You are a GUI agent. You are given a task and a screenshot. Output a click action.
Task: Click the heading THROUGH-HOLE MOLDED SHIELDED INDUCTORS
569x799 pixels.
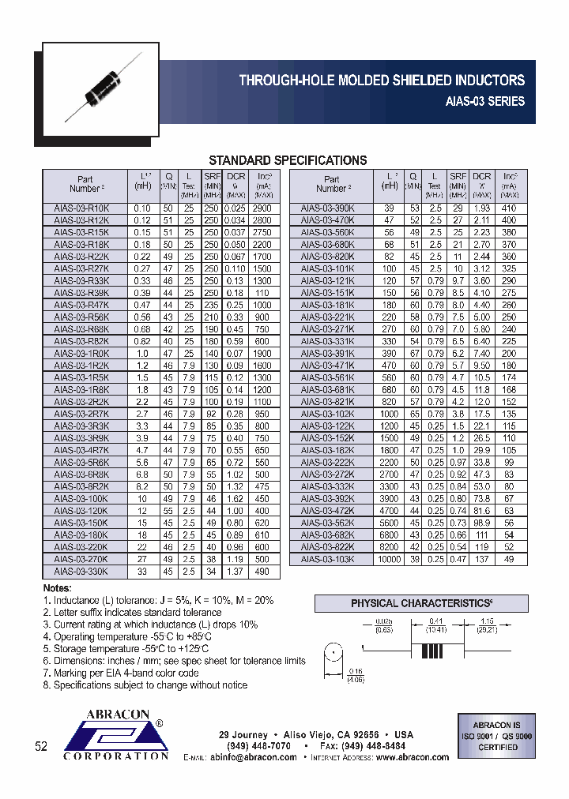click(x=382, y=81)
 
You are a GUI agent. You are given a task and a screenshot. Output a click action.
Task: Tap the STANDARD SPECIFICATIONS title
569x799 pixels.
click(x=288, y=160)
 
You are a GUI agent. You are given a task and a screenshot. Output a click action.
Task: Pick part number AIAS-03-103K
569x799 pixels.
click(x=327, y=558)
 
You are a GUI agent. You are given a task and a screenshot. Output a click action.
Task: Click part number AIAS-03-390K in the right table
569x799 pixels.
click(x=327, y=208)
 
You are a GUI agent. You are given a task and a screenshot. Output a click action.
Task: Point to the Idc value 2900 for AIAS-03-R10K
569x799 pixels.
click(x=263, y=208)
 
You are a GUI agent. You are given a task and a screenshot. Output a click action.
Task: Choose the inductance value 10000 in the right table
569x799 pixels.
click(x=390, y=558)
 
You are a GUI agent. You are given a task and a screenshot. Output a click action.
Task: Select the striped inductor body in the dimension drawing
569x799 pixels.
click(x=430, y=653)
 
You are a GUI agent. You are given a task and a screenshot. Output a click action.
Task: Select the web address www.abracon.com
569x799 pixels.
click(x=412, y=757)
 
